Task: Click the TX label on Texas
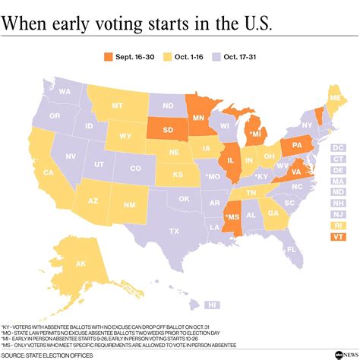click(174, 231)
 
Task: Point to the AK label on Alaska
click(79, 265)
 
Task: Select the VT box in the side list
click(338, 237)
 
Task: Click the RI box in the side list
click(338, 226)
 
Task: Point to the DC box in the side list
click(338, 146)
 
